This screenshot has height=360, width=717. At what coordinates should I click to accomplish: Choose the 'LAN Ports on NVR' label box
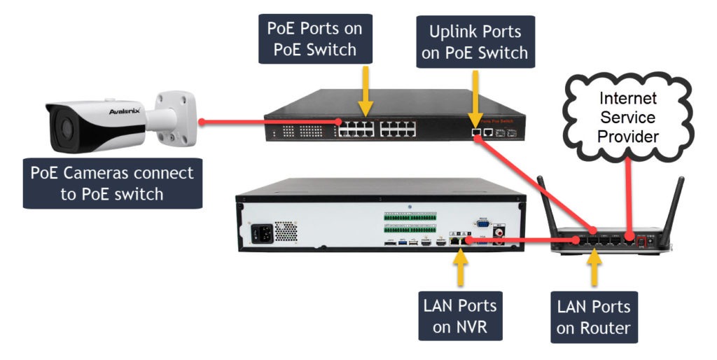pyautogui.click(x=459, y=317)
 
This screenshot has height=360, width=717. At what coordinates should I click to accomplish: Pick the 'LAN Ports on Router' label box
pyautogui.click(x=594, y=317)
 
